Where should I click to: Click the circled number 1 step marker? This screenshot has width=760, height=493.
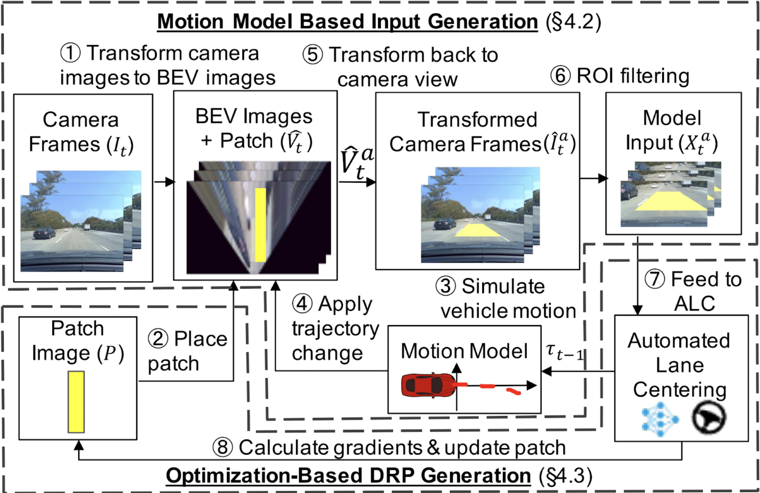coord(70,53)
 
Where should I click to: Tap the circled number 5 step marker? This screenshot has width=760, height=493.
coord(313,55)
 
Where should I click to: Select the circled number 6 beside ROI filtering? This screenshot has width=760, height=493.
coord(560,76)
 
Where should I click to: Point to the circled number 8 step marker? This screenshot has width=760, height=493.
coord(223,448)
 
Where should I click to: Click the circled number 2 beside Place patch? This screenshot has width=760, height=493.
coord(158,339)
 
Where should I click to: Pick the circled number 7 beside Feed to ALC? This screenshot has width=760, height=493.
coord(655,279)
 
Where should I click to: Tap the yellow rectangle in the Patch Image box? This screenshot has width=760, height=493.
coord(76,402)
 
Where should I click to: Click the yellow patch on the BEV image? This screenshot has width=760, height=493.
coord(260,225)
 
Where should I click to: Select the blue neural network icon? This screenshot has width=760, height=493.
coord(660,419)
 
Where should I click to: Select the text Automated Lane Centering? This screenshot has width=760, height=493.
coord(679,365)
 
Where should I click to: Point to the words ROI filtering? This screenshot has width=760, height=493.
coord(633,76)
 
